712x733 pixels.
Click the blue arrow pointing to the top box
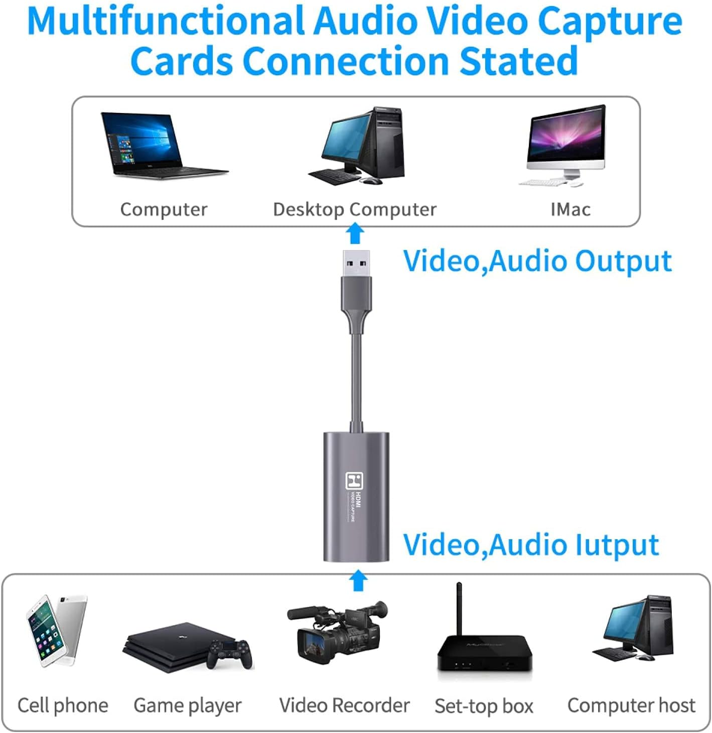pyautogui.click(x=356, y=234)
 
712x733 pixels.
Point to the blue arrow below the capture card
pyautogui.click(x=358, y=581)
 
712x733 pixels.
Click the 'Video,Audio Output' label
pyautogui.click(x=537, y=261)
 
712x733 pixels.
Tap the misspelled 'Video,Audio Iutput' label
pyautogui.click(x=531, y=545)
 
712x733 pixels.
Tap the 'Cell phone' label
pyautogui.click(x=63, y=706)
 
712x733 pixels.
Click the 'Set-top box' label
pyautogui.click(x=484, y=706)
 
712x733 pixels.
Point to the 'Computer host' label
pyautogui.click(x=631, y=706)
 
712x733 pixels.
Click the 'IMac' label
pyautogui.click(x=570, y=209)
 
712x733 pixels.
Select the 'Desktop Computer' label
pyautogui.click(x=354, y=209)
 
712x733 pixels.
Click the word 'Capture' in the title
pyautogui.click(x=609, y=21)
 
